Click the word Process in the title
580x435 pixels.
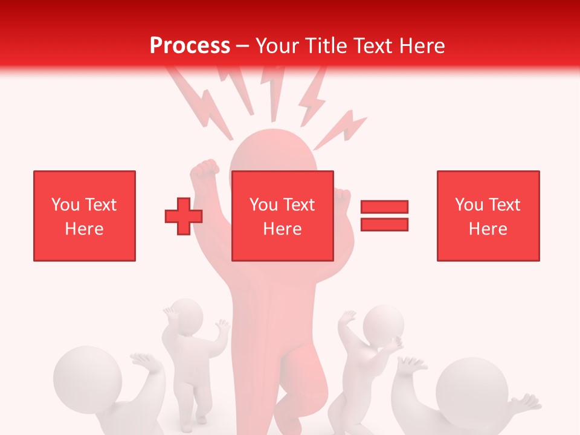(190, 46)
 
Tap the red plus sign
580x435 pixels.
(184, 216)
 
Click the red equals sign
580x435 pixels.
(384, 216)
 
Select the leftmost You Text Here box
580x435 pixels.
(85, 216)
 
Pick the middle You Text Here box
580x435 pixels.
(283, 216)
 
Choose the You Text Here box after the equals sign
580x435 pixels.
(488, 216)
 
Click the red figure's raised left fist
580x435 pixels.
(204, 169)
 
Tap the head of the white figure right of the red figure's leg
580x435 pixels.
(384, 323)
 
